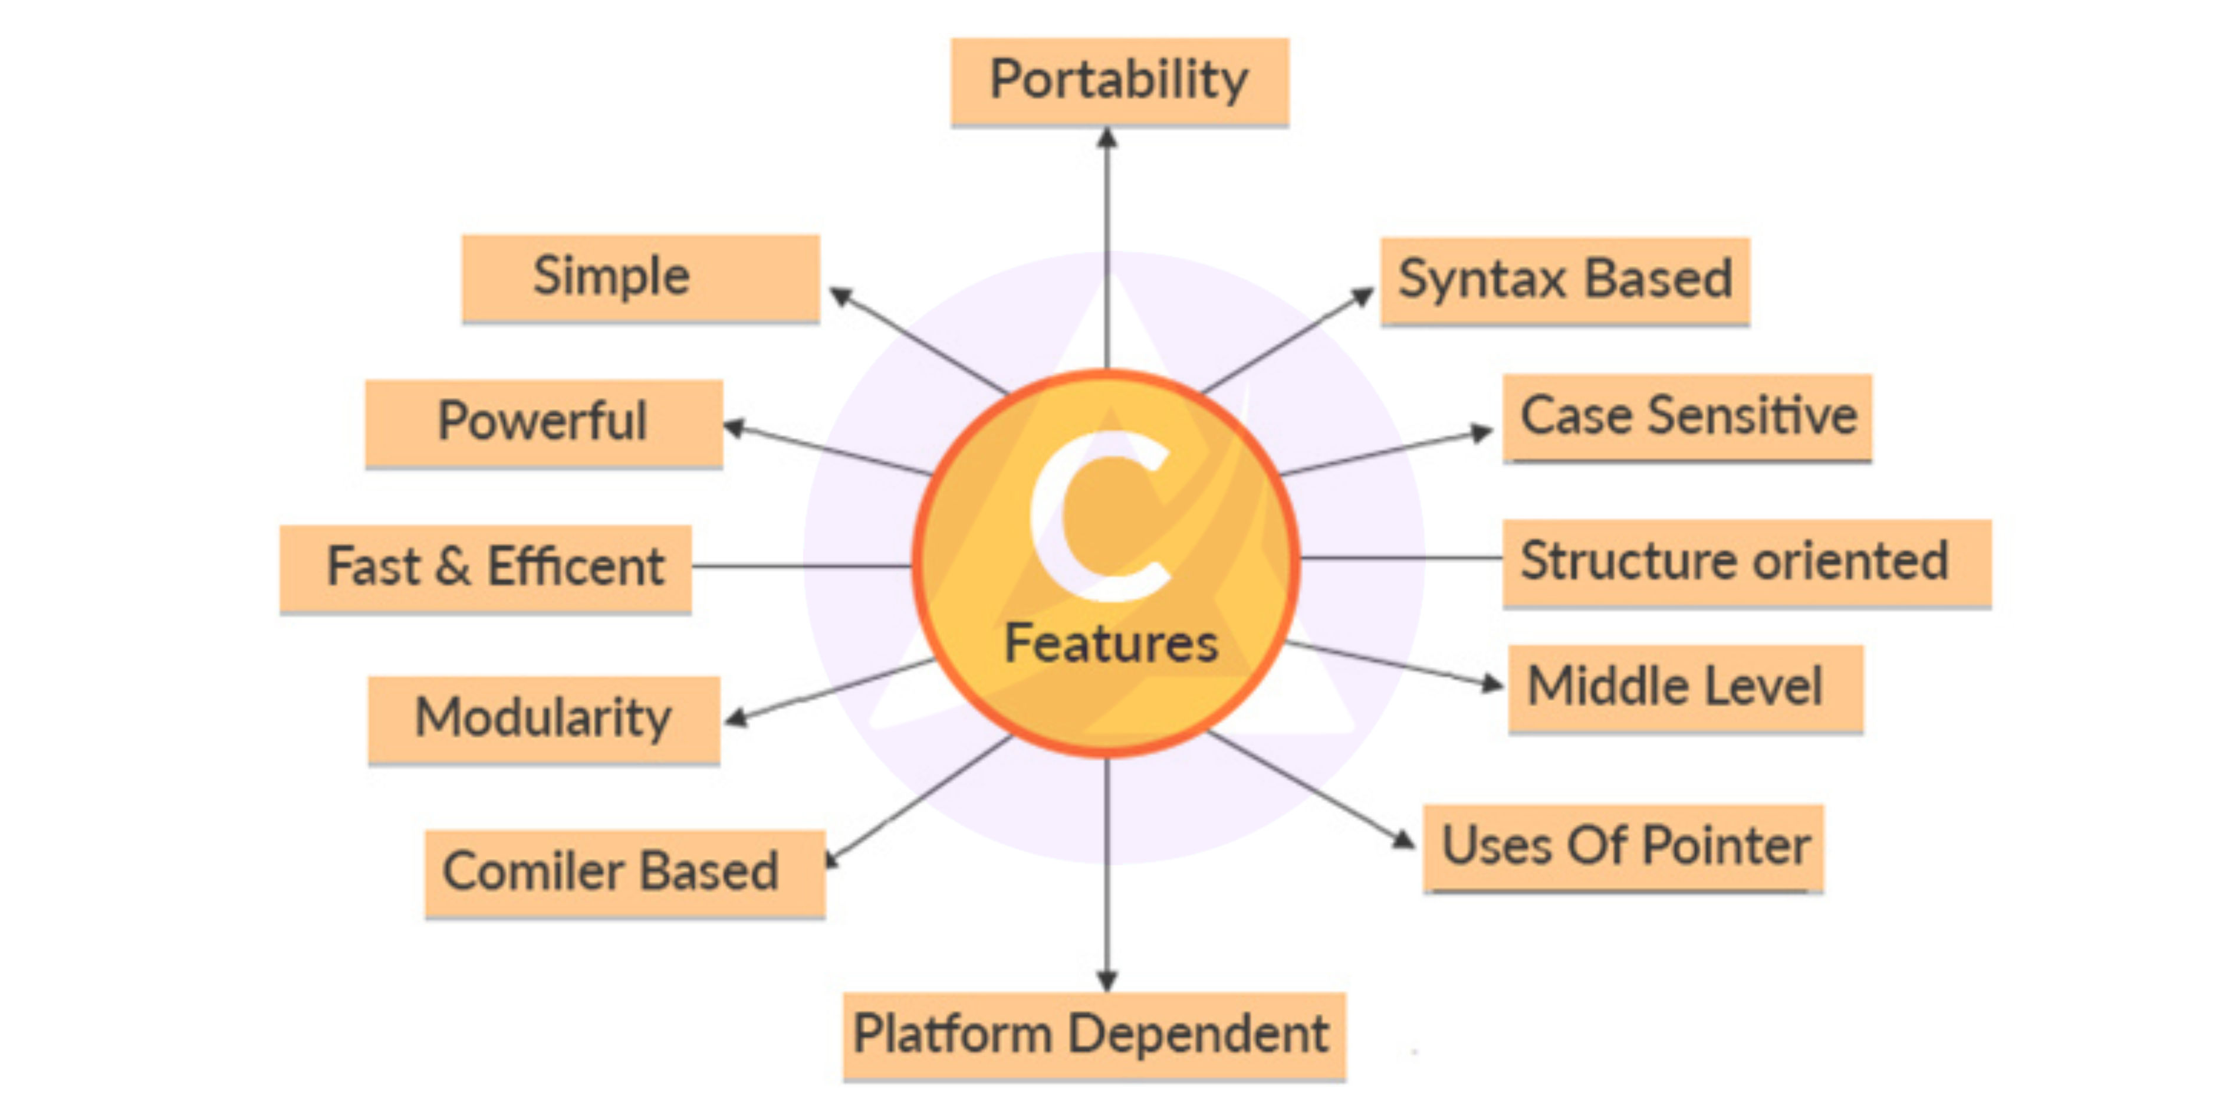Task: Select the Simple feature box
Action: pos(640,278)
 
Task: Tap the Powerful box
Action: pos(544,422)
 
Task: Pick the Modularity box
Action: pos(544,719)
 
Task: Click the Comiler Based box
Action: pos(624,872)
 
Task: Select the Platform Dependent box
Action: pos(1094,1035)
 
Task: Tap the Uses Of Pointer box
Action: pos(1623,847)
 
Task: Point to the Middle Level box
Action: pos(1685,688)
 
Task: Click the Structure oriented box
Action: pos(1746,562)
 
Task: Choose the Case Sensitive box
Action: pos(1687,417)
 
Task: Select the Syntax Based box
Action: pos(1564,280)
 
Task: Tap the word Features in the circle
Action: pos(1111,644)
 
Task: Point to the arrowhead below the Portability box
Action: pos(1107,139)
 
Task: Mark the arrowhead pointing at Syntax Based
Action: pos(1362,297)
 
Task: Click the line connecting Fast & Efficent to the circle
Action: pos(800,566)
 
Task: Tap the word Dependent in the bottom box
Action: pos(1198,1035)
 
